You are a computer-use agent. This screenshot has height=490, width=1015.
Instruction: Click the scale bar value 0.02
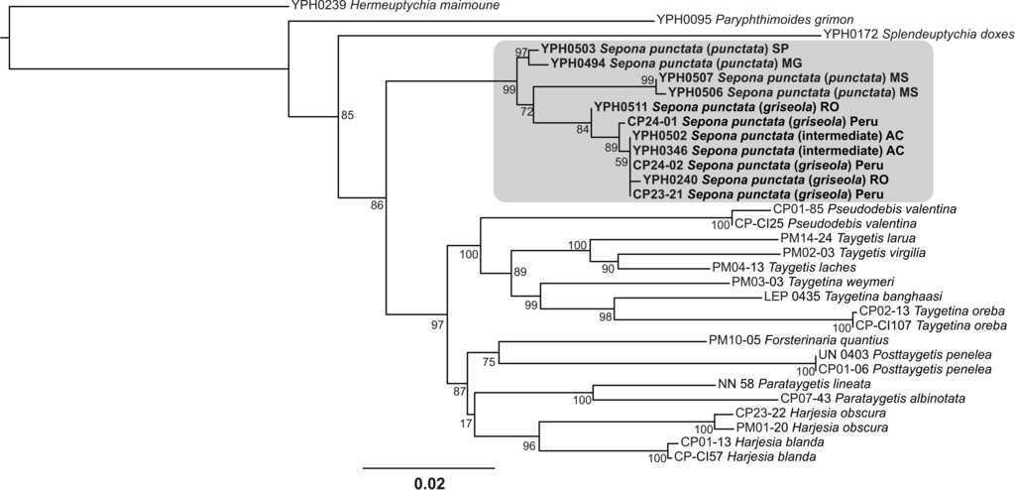point(429,484)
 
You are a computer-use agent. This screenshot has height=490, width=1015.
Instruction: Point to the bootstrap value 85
point(347,115)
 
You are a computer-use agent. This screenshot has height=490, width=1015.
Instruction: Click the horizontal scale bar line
point(428,466)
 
